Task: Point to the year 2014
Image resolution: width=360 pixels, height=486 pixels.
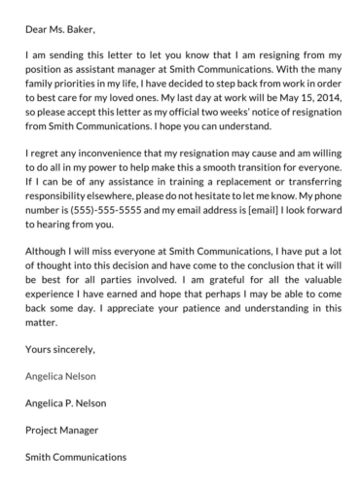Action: pos(317,112)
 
